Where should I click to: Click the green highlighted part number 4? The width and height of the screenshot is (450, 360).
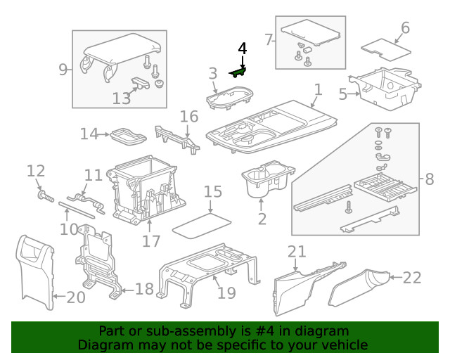click(x=238, y=72)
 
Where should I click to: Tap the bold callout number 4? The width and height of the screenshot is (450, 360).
click(x=243, y=49)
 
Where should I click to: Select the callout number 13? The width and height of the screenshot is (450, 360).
click(x=122, y=98)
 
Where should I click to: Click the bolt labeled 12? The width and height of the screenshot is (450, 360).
click(x=46, y=197)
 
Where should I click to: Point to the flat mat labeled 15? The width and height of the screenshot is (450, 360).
click(x=202, y=226)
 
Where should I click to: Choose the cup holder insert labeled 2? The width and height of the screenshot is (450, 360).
click(x=267, y=179)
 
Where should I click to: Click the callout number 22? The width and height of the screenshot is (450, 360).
click(x=412, y=278)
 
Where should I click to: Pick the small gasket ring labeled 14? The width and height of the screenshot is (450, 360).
click(x=128, y=137)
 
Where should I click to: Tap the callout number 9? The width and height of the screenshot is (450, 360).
click(x=63, y=70)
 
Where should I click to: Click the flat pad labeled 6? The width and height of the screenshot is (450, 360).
click(x=386, y=50)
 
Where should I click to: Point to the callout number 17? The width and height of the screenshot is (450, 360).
click(x=151, y=241)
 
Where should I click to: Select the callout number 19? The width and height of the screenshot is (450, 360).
click(x=226, y=292)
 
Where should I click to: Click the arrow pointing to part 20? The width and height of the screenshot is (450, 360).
click(x=60, y=296)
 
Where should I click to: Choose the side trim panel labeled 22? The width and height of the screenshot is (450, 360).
click(x=359, y=288)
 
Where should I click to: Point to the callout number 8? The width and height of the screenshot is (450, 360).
click(x=430, y=179)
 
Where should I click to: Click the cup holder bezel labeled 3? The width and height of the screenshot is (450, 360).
click(x=230, y=98)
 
